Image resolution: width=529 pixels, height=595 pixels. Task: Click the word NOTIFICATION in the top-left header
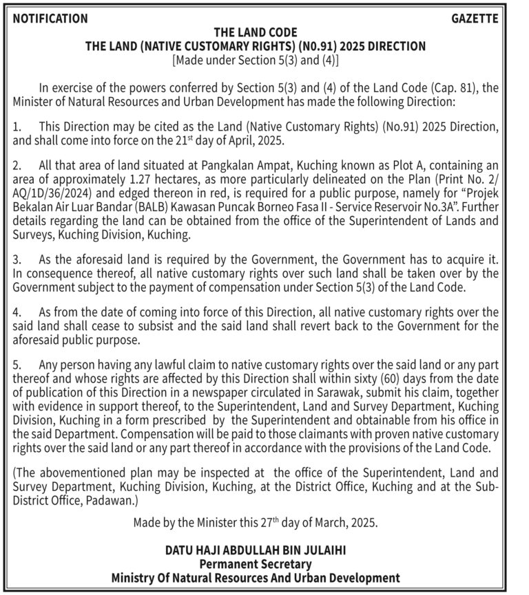pos(50,19)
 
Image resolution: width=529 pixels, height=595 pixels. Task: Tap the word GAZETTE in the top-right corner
pos(475,19)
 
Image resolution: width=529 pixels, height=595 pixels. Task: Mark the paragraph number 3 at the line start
pos(17,261)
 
